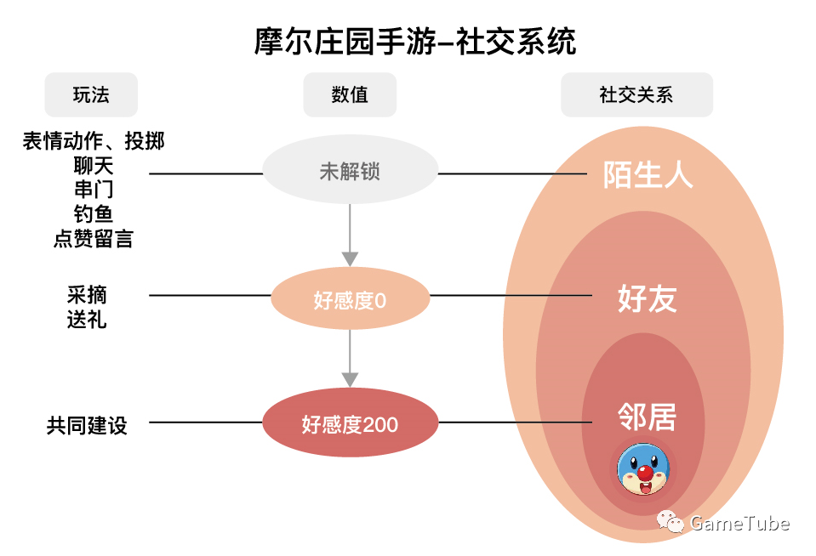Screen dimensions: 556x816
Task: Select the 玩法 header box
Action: pyautogui.click(x=91, y=94)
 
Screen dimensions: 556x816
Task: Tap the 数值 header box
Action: pyautogui.click(x=350, y=94)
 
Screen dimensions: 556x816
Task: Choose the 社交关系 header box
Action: pyautogui.click(x=636, y=94)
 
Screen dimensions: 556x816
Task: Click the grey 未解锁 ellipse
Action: pyautogui.click(x=350, y=172)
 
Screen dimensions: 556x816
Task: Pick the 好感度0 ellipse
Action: pyautogui.click(x=350, y=300)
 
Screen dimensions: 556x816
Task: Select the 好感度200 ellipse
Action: pyautogui.click(x=350, y=423)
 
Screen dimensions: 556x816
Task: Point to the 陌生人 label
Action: pyautogui.click(x=648, y=174)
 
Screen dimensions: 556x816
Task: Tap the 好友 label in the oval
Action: pyautogui.click(x=648, y=299)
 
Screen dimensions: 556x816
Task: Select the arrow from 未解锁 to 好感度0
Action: pyautogui.click(x=350, y=235)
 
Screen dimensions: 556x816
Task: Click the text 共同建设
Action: pyautogui.click(x=87, y=425)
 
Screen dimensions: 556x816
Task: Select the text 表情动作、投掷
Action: pyautogui.click(x=93, y=141)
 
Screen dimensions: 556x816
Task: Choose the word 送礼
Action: pyautogui.click(x=87, y=320)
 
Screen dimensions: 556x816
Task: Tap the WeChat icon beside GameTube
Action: pyautogui.click(x=670, y=523)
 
